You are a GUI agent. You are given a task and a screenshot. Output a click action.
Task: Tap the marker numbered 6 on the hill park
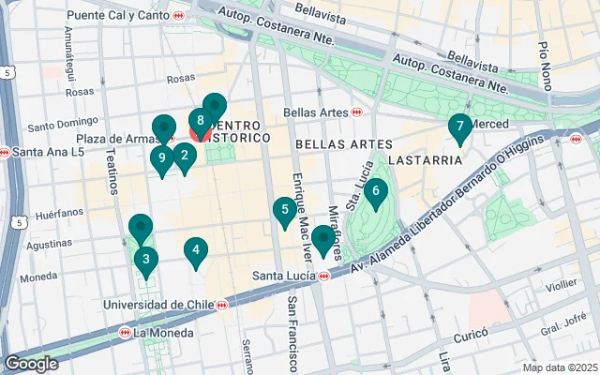coord(375,193)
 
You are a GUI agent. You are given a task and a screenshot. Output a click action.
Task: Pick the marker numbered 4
coord(195,250)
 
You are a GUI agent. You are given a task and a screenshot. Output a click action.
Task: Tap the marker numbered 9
coord(161,158)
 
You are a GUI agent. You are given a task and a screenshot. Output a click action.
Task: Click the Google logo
coord(31,363)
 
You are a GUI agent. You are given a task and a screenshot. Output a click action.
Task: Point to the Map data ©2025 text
coord(561,367)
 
